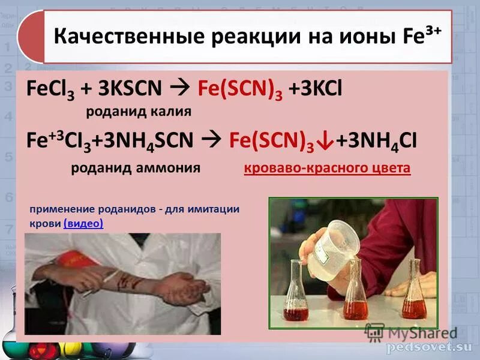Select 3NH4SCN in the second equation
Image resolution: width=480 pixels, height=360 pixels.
(x=149, y=140)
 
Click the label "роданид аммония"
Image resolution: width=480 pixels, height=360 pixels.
(x=136, y=168)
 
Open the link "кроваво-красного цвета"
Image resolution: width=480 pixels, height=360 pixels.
(x=327, y=168)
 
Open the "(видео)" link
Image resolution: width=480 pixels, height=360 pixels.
(x=83, y=224)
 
